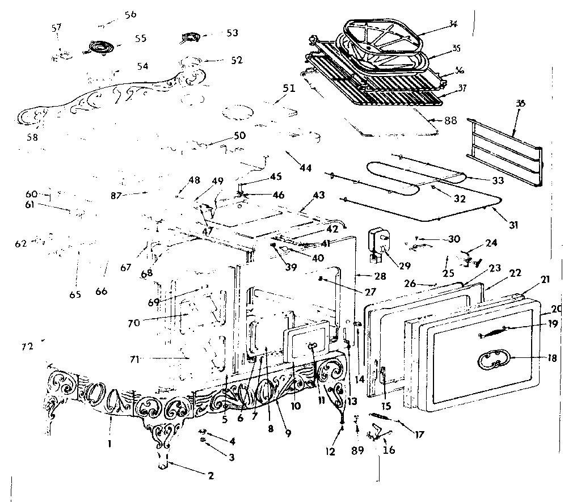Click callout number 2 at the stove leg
coord(210,476)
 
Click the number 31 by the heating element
coord(513,225)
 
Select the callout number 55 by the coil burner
coord(140,38)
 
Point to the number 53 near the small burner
coord(231,33)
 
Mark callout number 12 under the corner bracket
coord(331,452)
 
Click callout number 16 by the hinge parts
coord(389,450)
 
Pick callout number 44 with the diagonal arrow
coord(306,168)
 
